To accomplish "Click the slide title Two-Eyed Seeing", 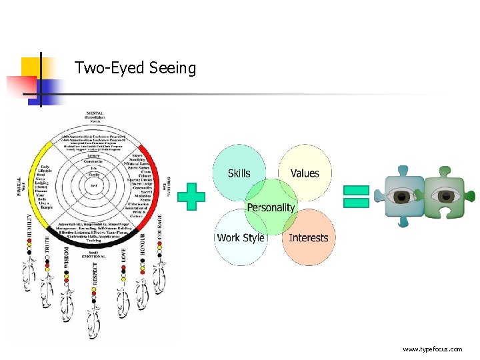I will [x=135, y=68].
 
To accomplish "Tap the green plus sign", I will [x=191, y=197].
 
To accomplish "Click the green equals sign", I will [x=356, y=196].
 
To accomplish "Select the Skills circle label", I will [x=239, y=173].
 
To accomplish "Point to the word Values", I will [x=305, y=173].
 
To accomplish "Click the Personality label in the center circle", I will [x=271, y=207].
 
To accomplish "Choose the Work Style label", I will [x=241, y=237].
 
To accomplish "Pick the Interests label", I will [x=309, y=237].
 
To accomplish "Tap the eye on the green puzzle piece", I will [x=446, y=197].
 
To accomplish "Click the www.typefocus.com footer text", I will [x=432, y=349].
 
